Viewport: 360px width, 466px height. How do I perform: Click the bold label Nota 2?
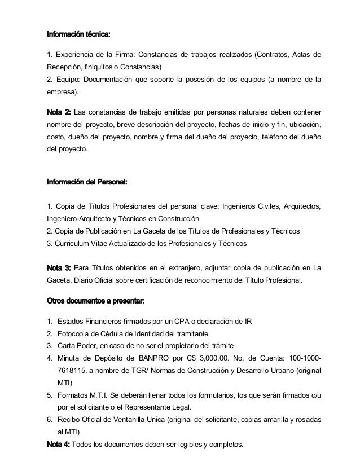click(58, 109)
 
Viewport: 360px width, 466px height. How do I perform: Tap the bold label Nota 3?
click(58, 267)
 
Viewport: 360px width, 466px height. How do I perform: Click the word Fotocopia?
click(73, 333)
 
